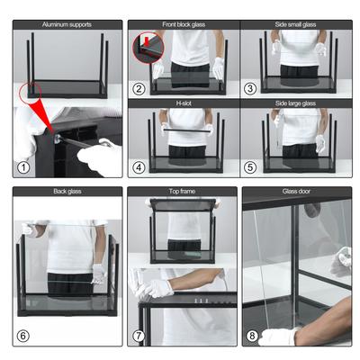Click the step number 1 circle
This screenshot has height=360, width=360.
[23, 166]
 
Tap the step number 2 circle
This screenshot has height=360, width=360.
[139, 88]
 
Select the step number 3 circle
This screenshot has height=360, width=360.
[251, 88]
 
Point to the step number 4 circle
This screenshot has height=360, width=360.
[139, 166]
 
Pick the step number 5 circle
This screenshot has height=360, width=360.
[251, 166]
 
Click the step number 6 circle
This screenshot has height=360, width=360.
[23, 335]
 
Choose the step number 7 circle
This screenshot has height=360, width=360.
[139, 336]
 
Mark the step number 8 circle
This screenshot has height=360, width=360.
[253, 336]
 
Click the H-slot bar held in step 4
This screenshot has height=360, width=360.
[184, 131]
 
